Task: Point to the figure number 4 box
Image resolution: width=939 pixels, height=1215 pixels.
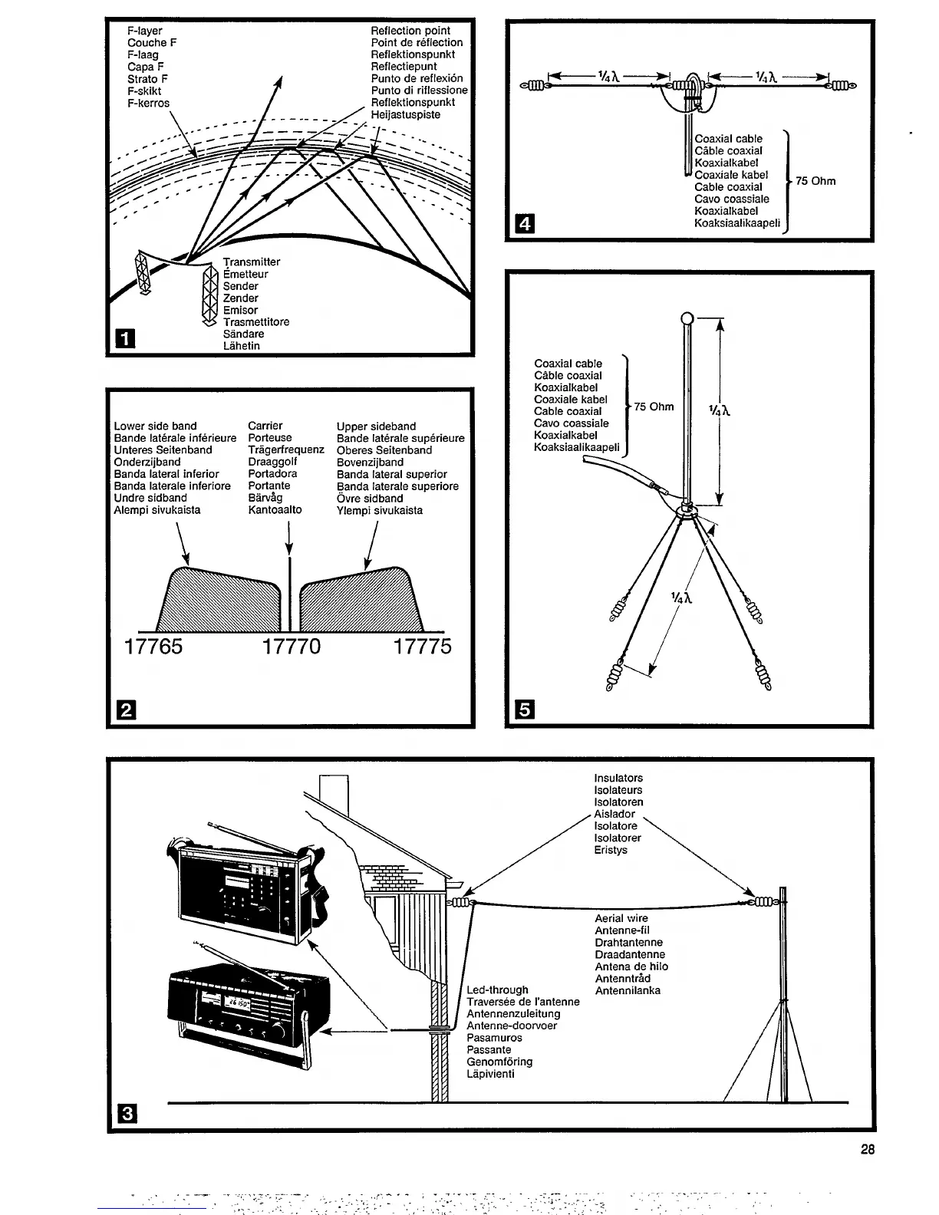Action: click(525, 224)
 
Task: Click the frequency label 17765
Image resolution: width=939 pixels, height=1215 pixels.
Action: click(153, 647)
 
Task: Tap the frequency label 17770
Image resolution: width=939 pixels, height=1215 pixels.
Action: click(292, 647)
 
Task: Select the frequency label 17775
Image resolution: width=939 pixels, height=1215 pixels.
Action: click(423, 647)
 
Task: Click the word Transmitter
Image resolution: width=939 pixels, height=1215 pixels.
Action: click(252, 262)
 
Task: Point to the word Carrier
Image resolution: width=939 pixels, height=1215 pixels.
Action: click(265, 426)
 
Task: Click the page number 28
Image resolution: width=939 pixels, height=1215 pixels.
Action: click(868, 1149)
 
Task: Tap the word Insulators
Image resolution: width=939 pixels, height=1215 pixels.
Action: click(618, 778)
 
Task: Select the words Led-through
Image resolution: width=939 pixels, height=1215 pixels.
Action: click(497, 989)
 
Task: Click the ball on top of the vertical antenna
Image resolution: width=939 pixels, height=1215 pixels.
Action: click(687, 318)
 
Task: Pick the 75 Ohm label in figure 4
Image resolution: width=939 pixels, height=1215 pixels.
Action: click(815, 181)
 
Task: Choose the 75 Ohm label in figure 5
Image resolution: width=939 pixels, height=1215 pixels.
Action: click(654, 407)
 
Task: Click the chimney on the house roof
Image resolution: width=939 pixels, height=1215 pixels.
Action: click(333, 795)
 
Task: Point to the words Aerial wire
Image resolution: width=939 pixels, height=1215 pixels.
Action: click(621, 918)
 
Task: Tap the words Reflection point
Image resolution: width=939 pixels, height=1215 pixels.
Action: click(410, 31)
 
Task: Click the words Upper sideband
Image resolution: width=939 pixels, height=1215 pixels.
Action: click(376, 426)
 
